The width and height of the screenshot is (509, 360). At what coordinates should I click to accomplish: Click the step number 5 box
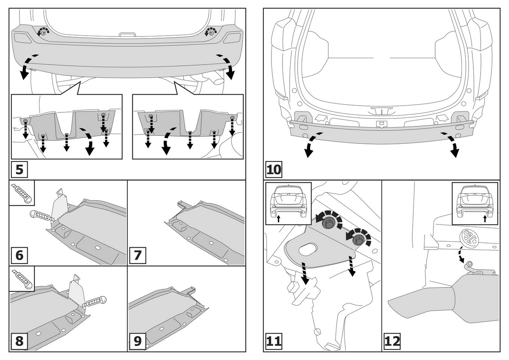19,171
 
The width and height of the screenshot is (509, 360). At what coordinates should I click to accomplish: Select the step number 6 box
19,256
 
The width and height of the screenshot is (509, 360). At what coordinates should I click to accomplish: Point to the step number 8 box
19,341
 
